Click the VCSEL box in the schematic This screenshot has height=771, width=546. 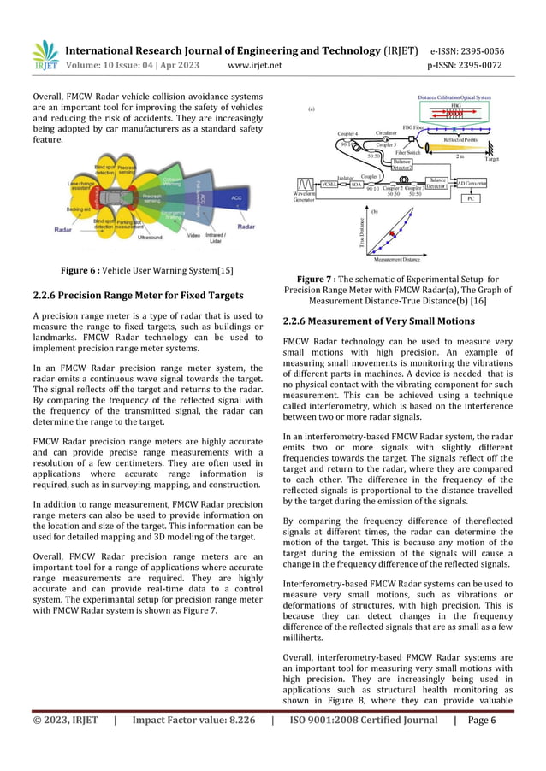click(x=329, y=184)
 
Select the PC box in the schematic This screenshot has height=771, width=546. click(x=471, y=198)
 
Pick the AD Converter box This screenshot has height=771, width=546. click(x=472, y=183)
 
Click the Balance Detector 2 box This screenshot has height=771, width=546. click(x=436, y=182)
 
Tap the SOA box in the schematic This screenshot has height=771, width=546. click(x=356, y=184)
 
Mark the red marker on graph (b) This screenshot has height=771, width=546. click(x=393, y=233)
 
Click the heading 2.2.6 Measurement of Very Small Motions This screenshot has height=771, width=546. click(x=378, y=321)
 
